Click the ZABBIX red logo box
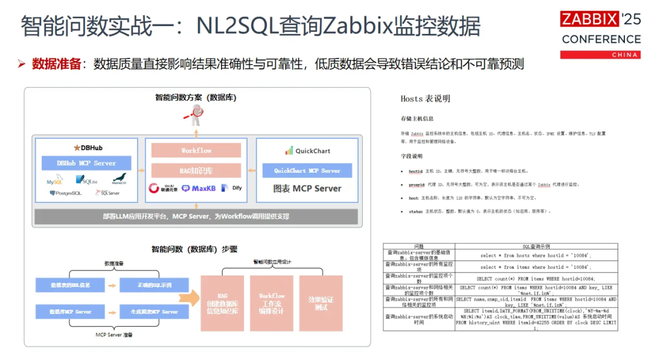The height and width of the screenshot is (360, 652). [590, 19]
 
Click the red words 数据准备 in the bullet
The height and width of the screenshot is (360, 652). [56, 64]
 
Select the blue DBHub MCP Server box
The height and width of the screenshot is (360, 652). [86, 163]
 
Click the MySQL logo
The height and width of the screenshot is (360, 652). [55, 180]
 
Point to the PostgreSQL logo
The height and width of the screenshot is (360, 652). [65, 193]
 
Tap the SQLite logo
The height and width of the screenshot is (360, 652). [87, 179]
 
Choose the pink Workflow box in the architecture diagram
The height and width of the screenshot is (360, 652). [196, 150]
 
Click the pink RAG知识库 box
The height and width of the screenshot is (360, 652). [196, 170]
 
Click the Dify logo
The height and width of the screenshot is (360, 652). [232, 188]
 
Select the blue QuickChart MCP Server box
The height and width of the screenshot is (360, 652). [307, 170]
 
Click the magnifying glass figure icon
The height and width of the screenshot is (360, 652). [196, 112]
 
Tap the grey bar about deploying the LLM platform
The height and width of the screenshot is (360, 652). [196, 216]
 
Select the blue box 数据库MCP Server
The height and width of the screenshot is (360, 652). [70, 312]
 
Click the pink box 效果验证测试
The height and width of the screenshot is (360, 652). [321, 303]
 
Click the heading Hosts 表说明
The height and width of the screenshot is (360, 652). [425, 98]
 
